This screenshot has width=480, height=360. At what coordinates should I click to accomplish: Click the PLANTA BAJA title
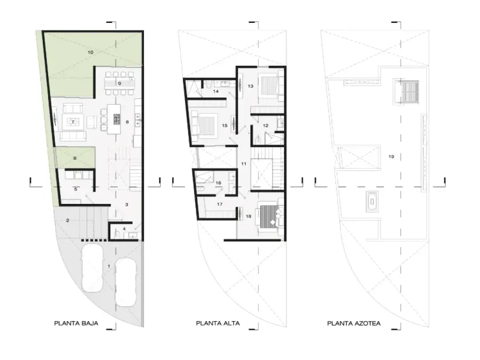(x=76, y=323)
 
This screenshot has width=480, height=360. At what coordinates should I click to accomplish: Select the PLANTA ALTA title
(x=218, y=323)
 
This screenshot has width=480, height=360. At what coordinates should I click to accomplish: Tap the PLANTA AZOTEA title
(x=354, y=323)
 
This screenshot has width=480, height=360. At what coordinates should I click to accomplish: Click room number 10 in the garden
(x=90, y=53)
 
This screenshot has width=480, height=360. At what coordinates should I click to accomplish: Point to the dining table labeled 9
(x=119, y=83)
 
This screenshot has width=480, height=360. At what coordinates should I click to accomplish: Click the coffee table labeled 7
(x=73, y=122)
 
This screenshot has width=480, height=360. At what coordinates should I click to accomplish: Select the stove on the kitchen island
(x=117, y=119)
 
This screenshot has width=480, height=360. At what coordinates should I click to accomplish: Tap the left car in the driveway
(x=92, y=267)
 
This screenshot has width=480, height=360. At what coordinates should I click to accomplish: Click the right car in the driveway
(x=126, y=282)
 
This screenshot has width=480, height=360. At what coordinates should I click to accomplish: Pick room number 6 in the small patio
(x=75, y=158)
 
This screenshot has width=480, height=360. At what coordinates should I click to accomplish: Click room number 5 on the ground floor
(x=75, y=190)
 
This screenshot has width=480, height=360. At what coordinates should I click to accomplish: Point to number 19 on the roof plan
(x=391, y=157)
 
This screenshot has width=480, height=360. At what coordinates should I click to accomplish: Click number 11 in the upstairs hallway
(x=243, y=164)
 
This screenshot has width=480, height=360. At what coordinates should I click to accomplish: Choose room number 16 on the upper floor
(x=218, y=183)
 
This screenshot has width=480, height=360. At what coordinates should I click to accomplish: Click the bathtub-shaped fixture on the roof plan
(x=372, y=201)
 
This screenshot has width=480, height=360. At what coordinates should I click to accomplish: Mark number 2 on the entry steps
(x=67, y=221)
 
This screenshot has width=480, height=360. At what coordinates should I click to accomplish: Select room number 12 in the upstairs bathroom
(x=265, y=126)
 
